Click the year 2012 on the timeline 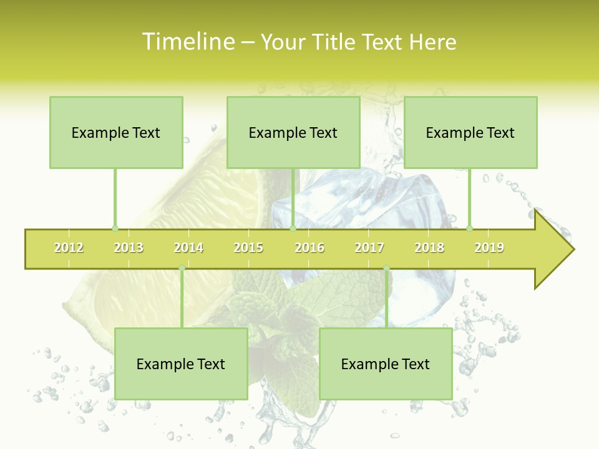pos(69,248)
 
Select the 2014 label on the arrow pos(188,248)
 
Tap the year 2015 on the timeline pos(248,248)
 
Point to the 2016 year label pos(309,248)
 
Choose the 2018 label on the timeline pos(429,248)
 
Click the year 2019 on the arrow pos(489,248)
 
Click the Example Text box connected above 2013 pos(116,132)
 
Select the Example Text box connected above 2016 pos(293,132)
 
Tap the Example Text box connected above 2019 pos(470,132)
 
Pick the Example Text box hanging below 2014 pos(181,364)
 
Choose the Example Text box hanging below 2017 pos(386,364)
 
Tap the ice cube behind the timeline pos(349,200)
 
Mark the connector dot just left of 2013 pos(115,228)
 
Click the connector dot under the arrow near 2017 pos(386,268)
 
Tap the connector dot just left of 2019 pos(469,228)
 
